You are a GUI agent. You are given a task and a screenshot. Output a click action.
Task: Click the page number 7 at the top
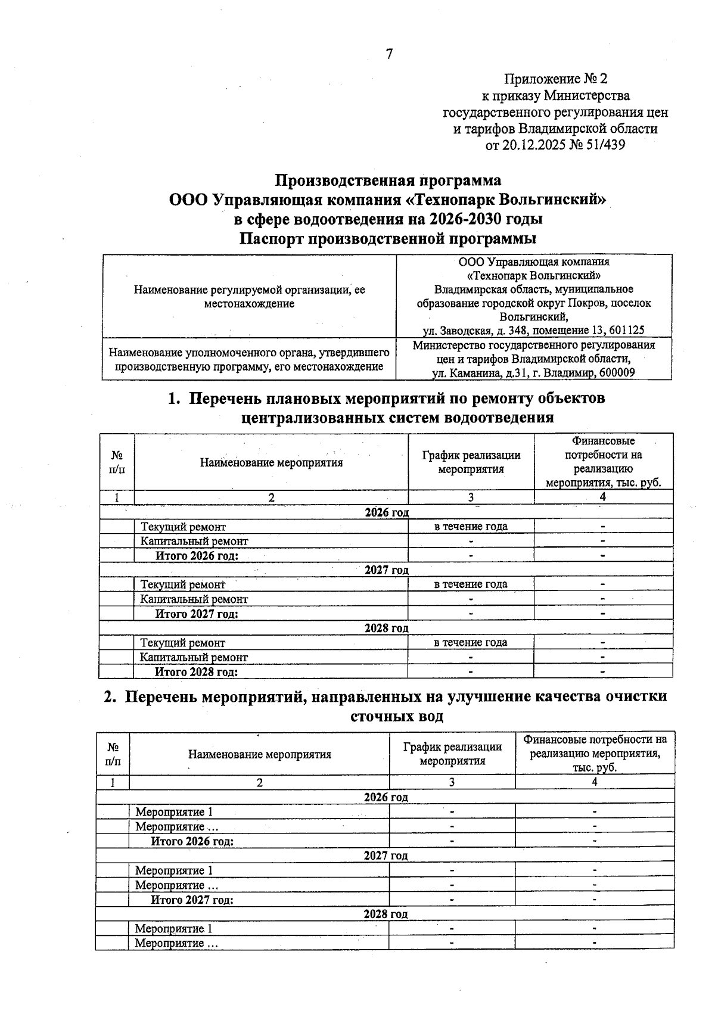[x=389, y=54]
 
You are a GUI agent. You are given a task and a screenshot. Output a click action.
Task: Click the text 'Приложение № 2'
[x=555, y=79]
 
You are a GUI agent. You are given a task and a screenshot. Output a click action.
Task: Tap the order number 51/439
[x=605, y=145]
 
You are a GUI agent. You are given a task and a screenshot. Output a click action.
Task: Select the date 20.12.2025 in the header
[x=531, y=145]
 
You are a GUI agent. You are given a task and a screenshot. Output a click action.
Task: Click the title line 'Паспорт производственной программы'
[x=388, y=239]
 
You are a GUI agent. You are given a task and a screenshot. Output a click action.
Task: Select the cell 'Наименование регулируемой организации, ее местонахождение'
[x=249, y=296]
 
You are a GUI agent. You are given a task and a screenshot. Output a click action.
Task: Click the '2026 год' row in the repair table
[x=386, y=512]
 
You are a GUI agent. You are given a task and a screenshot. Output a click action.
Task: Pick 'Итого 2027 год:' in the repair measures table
[x=197, y=614]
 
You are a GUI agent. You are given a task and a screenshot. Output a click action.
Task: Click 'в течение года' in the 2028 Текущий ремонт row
[x=470, y=642]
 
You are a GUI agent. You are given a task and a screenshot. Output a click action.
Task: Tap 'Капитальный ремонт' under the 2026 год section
[x=194, y=541]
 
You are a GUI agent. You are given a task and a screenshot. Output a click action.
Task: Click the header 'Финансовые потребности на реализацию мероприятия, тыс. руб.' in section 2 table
[x=595, y=753]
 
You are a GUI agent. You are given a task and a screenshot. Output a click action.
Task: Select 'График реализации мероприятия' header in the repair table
[x=471, y=462]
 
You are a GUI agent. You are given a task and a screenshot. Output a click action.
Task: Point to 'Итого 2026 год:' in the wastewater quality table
[x=192, y=841]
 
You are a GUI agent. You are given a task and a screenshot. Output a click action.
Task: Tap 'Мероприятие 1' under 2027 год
[x=173, y=870]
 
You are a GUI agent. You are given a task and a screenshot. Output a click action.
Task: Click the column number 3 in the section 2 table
[x=452, y=782]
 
